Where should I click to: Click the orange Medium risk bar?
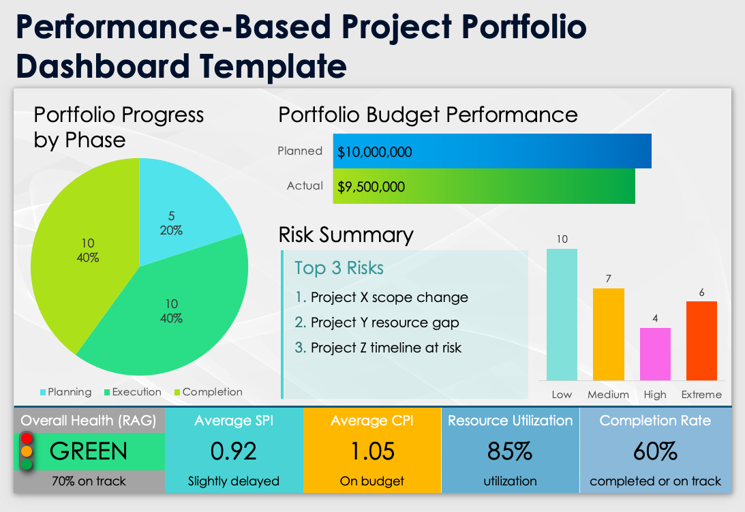click(609, 334)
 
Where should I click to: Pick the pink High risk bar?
click(655, 354)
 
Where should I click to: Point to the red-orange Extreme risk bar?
click(701, 341)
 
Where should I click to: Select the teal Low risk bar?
click(562, 314)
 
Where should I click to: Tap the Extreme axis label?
click(701, 395)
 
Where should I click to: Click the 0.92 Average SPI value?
click(234, 451)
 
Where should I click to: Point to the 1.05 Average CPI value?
click(372, 451)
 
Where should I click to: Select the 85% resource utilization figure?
click(510, 451)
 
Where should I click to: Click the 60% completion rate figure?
click(655, 451)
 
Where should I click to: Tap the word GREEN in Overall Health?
click(89, 451)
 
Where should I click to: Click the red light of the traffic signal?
click(27, 438)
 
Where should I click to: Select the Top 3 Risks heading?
click(339, 268)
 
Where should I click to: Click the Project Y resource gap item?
click(384, 322)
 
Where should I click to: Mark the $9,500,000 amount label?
click(371, 187)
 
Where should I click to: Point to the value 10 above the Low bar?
click(562, 239)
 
